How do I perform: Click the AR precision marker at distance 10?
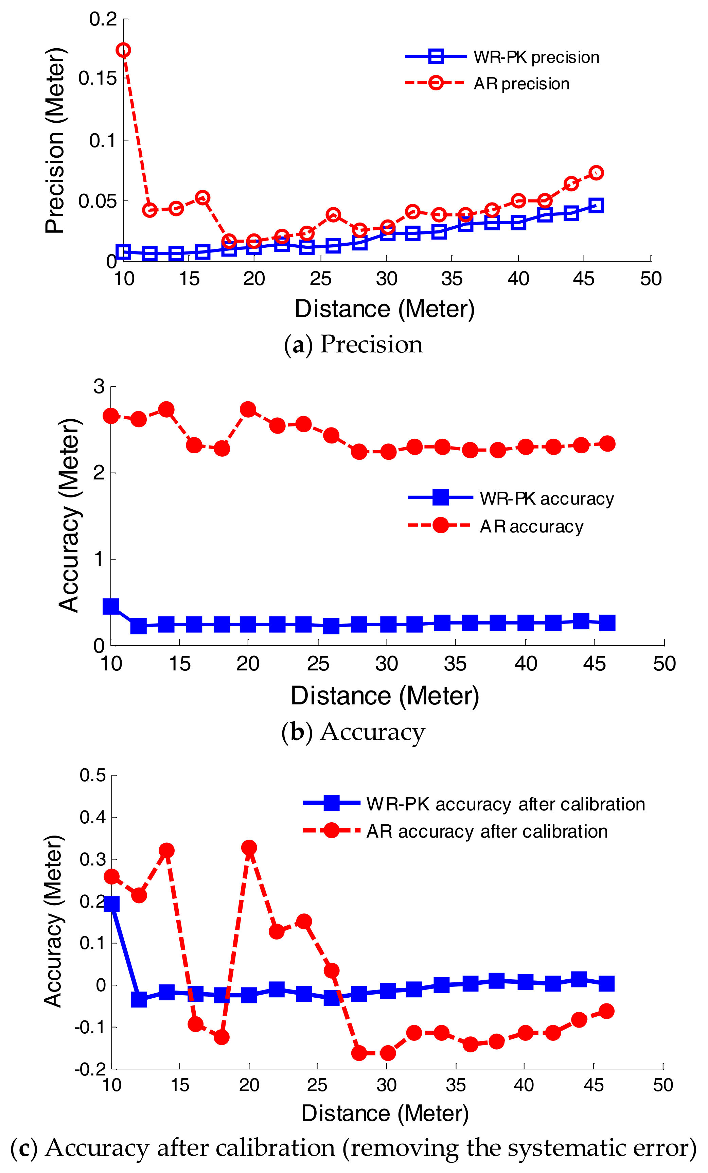(124, 50)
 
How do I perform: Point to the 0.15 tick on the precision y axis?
(98, 78)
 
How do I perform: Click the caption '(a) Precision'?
(353, 344)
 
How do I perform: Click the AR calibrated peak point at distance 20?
(249, 847)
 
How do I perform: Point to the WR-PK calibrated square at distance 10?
(111, 904)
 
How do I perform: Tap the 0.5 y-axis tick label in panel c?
(93, 775)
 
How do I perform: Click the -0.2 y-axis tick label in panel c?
(90, 1070)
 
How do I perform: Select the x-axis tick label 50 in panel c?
(663, 1085)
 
